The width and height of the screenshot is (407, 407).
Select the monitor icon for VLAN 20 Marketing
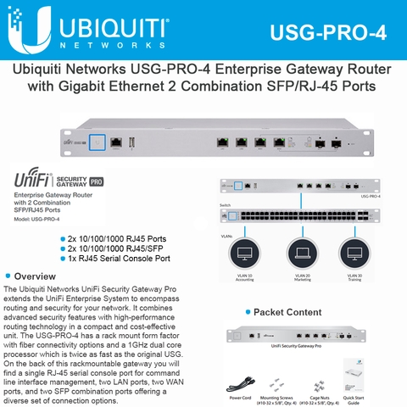(303, 252)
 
